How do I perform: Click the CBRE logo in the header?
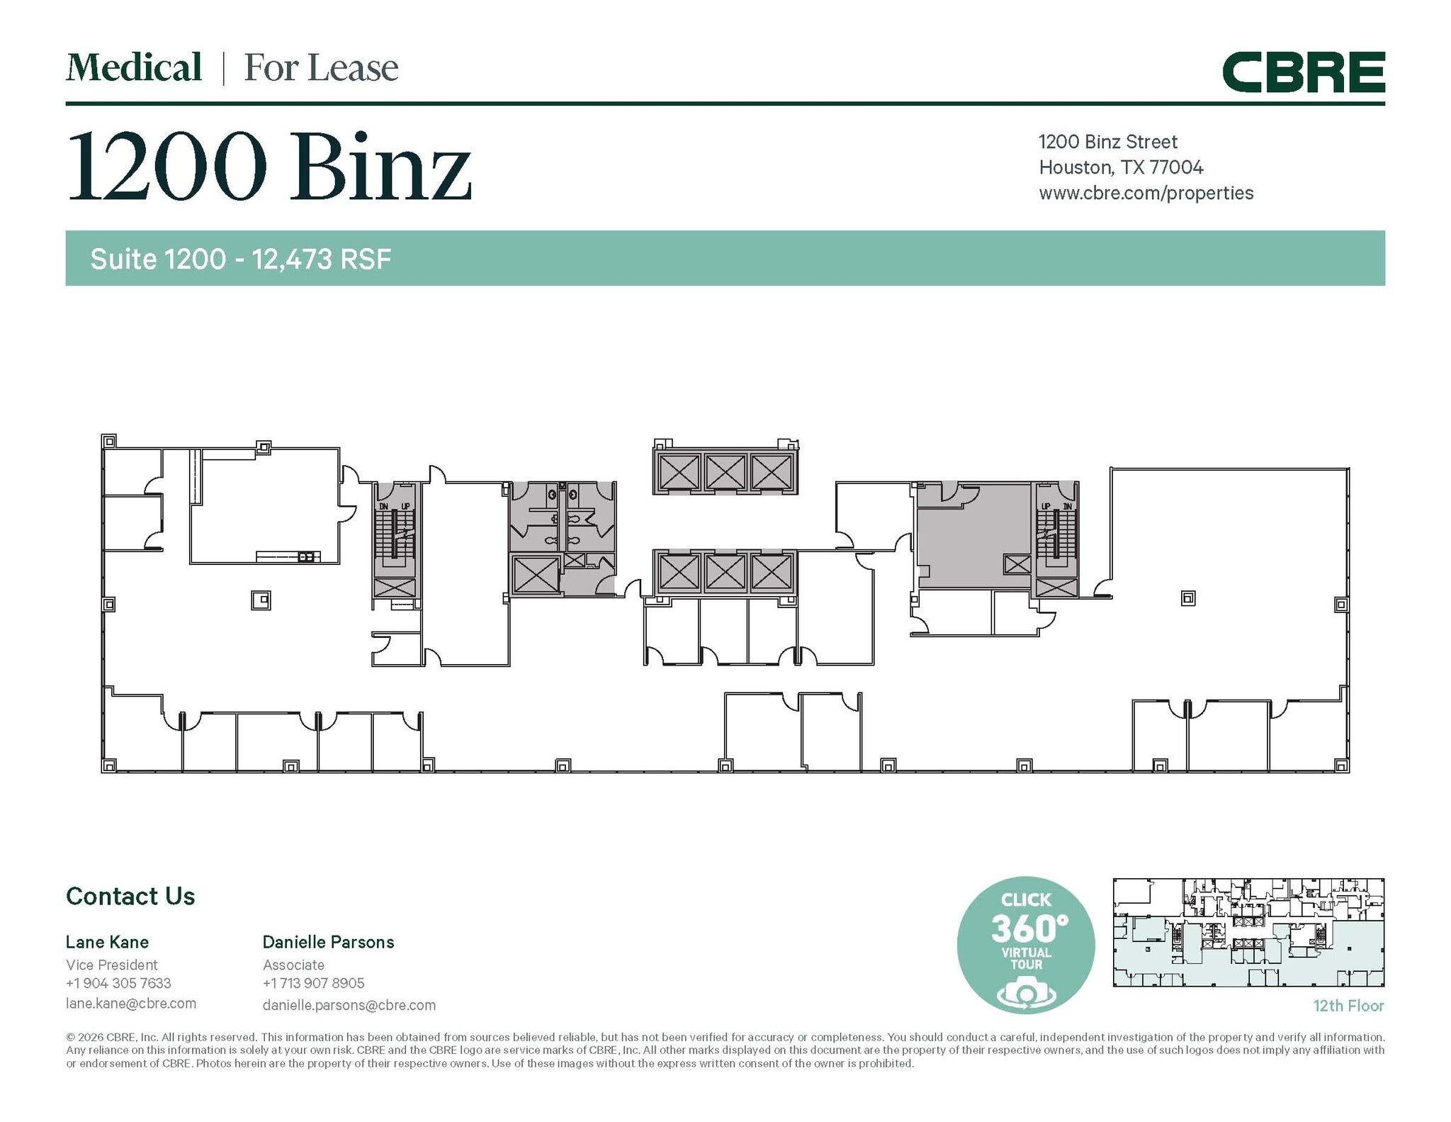(1303, 72)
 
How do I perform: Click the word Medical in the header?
(134, 68)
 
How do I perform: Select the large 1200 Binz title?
(269, 167)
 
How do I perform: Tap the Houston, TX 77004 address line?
(1120, 167)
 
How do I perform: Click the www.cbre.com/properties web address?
(1146, 193)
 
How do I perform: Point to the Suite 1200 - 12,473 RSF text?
(240, 259)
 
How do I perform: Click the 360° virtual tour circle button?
(1025, 945)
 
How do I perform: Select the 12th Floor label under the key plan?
(1348, 1005)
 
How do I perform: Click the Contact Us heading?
(130, 896)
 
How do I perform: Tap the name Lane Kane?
(107, 942)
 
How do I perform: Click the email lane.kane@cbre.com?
(131, 1003)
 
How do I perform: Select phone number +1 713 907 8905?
(313, 983)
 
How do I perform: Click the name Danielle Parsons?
(328, 942)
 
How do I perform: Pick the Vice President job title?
(112, 965)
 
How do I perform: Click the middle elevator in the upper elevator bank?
(725, 472)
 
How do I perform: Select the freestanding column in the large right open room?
(1188, 598)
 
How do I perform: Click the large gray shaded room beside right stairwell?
(974, 535)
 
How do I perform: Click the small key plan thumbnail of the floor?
(1248, 932)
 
